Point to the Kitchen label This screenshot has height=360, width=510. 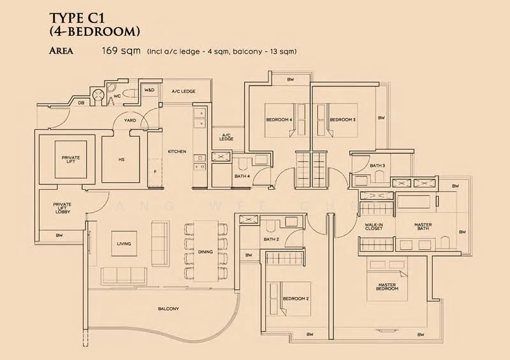point(177,151)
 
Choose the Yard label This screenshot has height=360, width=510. point(130,119)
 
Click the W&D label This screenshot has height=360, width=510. point(150,91)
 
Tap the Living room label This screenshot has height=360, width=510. point(124,243)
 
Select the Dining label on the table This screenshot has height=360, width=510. point(205,252)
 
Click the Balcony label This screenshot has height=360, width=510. point(168,308)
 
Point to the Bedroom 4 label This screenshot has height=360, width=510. point(279,119)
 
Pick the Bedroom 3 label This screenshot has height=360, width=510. point(342,119)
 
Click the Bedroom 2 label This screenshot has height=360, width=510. point(296,298)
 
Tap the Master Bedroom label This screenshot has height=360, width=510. point(388,287)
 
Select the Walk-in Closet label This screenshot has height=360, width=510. point(374,226)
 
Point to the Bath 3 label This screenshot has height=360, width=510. point(377,166)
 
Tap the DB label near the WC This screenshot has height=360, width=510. point(81,102)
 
